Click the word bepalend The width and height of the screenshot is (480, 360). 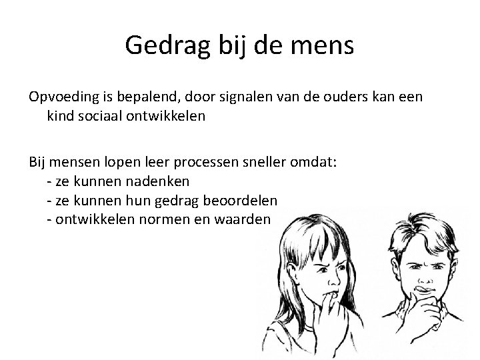click(139, 98)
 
